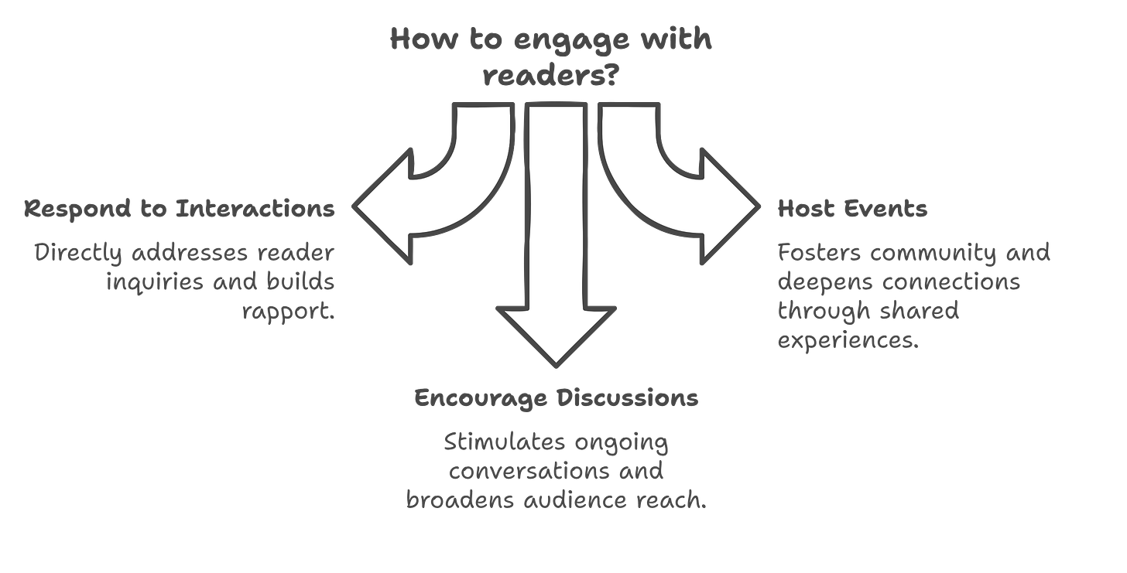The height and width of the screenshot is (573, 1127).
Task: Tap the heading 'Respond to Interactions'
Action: (x=180, y=209)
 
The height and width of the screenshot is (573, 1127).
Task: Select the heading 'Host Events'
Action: (x=851, y=209)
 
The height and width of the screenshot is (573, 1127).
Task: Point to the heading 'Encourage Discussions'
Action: (x=556, y=398)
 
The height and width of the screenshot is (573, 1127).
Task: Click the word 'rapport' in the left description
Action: (x=289, y=312)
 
